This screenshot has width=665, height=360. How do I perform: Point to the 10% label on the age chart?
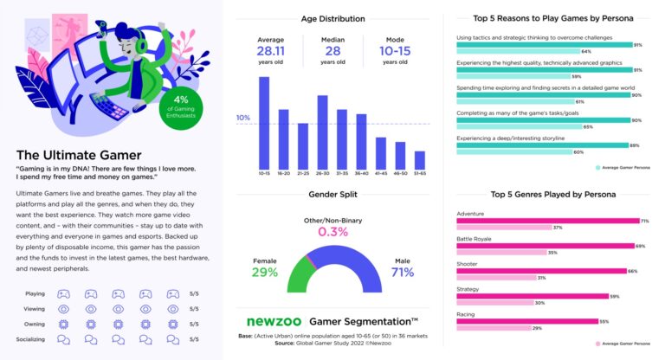[243, 118]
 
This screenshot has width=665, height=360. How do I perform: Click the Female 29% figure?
[265, 273]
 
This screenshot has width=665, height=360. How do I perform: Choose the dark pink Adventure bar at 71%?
[546, 221]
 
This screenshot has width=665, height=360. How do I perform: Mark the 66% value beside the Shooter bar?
[633, 271]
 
